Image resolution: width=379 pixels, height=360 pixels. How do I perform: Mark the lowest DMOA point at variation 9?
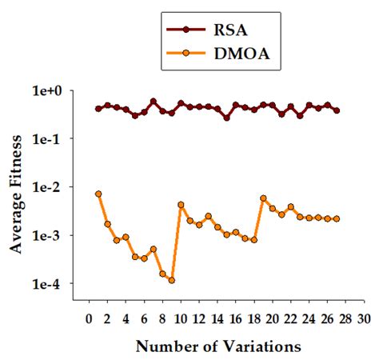click(x=171, y=280)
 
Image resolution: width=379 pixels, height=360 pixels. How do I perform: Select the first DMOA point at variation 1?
click(x=98, y=194)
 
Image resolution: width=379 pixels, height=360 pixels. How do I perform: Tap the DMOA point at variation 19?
click(x=263, y=198)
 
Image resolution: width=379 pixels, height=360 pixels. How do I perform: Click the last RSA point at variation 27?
click(x=337, y=110)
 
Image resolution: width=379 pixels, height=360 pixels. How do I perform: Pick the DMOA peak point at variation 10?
click(x=181, y=205)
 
